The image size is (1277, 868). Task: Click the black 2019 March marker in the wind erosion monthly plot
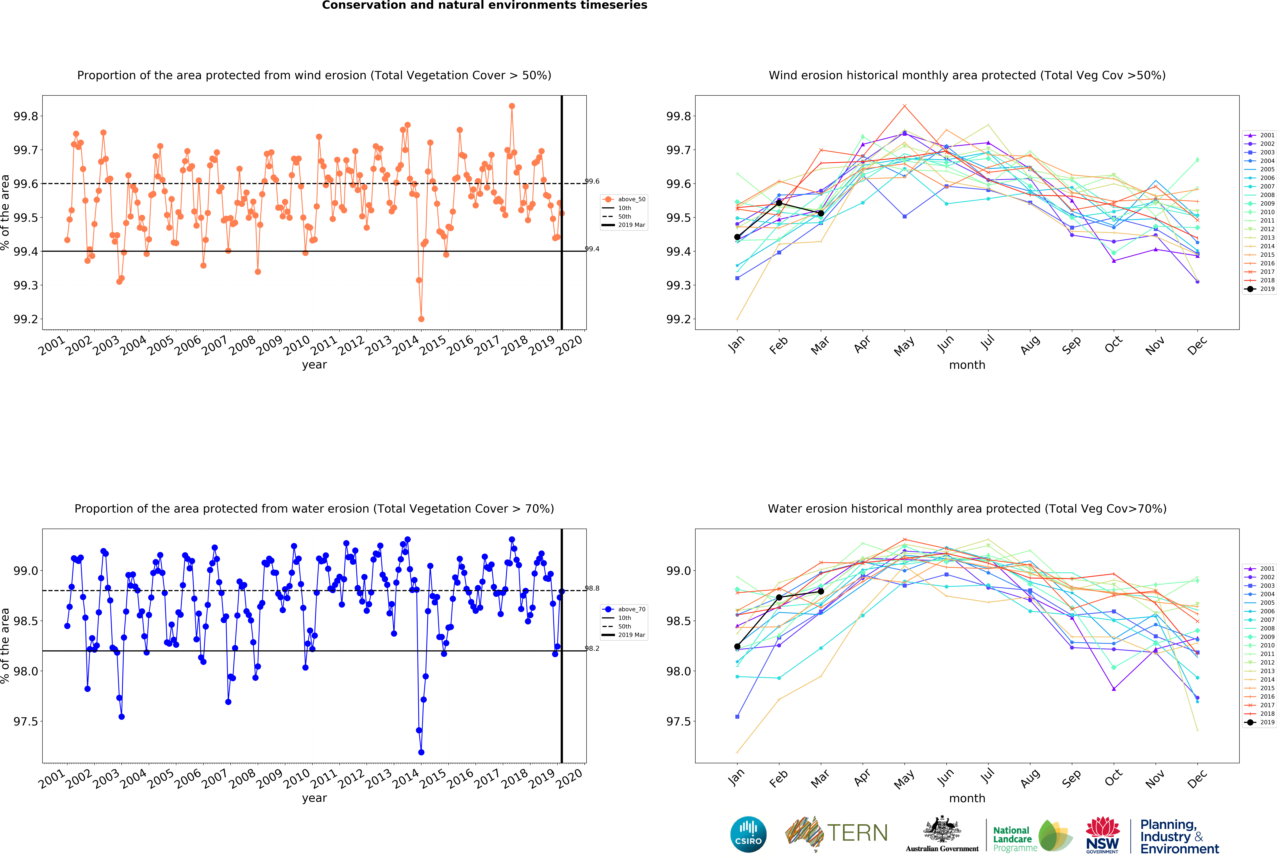[821, 213]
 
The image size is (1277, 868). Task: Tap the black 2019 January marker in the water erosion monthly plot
[737, 647]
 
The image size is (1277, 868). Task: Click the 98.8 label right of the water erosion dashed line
[592, 588]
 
